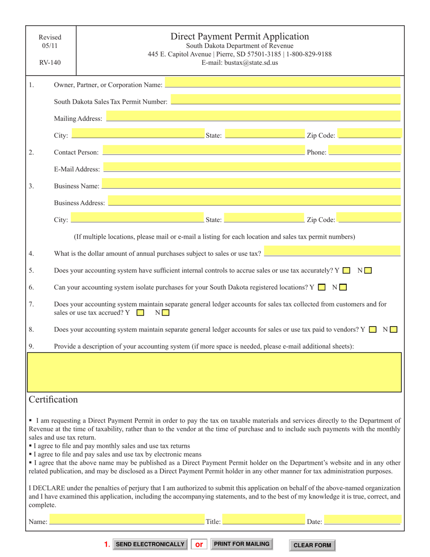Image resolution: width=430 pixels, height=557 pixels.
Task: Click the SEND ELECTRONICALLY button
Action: coord(150,544)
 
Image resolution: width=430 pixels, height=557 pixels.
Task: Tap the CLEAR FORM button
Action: coord(312,545)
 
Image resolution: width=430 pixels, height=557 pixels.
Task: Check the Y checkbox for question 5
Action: coord(346,271)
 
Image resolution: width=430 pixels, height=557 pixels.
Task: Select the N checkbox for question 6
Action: coord(343,287)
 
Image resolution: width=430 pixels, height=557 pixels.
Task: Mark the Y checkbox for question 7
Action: coord(140,312)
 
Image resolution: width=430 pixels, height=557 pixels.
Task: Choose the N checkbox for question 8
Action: coord(393,330)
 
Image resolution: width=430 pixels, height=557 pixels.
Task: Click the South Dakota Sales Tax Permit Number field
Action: coord(286,100)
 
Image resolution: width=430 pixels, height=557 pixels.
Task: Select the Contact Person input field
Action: coord(204,150)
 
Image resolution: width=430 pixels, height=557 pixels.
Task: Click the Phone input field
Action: coord(364,150)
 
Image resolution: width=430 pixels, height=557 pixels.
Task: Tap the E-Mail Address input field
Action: coord(252,168)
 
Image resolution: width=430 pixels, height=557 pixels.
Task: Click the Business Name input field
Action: coord(251,184)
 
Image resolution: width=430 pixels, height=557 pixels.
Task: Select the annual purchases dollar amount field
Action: coord(332,251)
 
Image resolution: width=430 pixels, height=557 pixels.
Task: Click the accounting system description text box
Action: coord(214,372)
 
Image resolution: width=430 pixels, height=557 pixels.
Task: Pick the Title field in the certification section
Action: coord(264,520)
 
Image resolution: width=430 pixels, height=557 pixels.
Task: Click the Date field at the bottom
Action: coord(363,520)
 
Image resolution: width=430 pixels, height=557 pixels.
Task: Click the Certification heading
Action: coord(53,399)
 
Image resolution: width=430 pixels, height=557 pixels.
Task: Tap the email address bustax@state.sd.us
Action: coord(239,63)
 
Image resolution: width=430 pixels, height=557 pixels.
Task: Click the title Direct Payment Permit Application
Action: coord(239,37)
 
